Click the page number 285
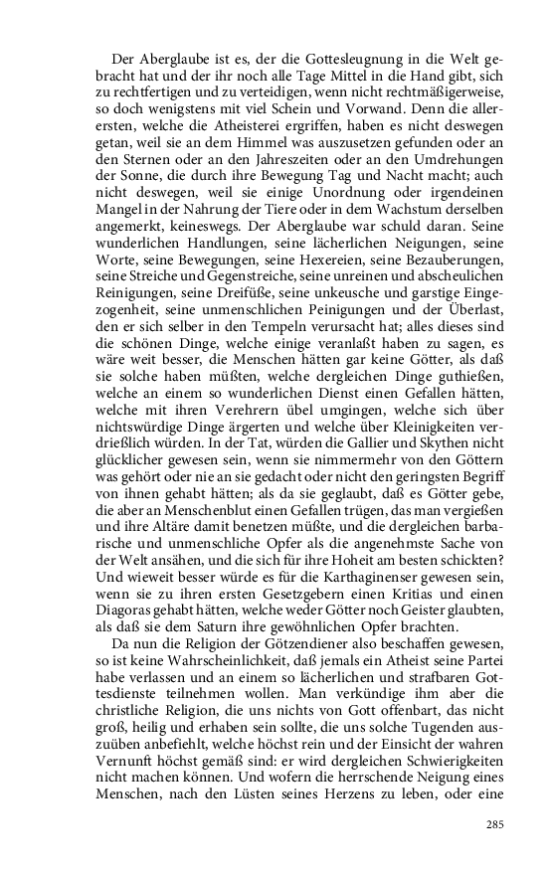click(x=494, y=824)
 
